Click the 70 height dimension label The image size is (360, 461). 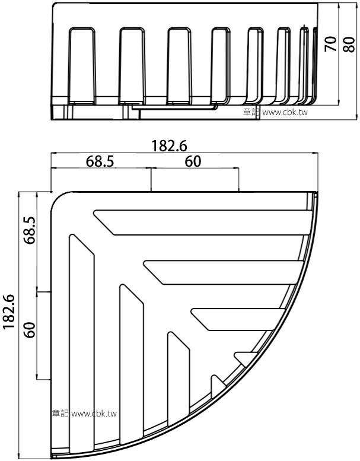[x=330, y=44]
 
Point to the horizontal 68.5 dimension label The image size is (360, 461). [x=100, y=161]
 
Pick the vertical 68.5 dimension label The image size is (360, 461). [x=30, y=230]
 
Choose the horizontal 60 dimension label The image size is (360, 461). [x=193, y=161]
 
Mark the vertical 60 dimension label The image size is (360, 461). [x=30, y=330]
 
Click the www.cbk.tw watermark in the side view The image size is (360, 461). [x=285, y=112]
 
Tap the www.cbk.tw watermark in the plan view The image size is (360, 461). [x=94, y=414]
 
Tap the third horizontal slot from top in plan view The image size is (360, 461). [x=238, y=320]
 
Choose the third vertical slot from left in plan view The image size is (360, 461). [x=179, y=379]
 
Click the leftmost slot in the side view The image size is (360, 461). [x=82, y=66]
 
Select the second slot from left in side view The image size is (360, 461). [x=132, y=66]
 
